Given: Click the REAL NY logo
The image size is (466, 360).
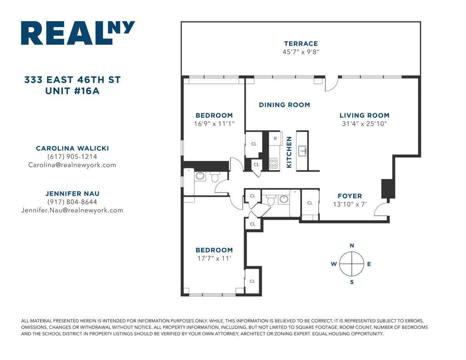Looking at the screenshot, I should click(78, 33).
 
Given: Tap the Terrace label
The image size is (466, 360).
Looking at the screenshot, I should click(301, 44).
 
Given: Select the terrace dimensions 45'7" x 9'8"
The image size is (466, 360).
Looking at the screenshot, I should click(301, 52).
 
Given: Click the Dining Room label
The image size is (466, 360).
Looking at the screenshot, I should click(284, 105).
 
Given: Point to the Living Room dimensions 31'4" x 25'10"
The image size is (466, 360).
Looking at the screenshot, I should click(364, 124).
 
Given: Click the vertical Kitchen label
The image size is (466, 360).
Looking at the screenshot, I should click(289, 152).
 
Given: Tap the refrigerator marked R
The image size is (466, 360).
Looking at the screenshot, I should click(275, 139).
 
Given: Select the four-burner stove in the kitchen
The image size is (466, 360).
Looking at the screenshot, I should click(273, 163).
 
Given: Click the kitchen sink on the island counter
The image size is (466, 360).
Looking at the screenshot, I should click(302, 151).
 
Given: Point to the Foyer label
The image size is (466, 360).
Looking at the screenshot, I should click(349, 196).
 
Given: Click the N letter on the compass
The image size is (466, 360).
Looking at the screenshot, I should click(352, 245).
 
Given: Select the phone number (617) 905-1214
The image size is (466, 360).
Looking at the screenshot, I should click(72, 157).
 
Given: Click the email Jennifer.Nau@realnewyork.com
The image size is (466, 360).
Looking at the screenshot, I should click(72, 210).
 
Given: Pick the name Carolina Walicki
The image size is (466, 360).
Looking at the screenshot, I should click(72, 148).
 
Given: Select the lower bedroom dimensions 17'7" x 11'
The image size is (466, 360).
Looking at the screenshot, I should click(214, 258).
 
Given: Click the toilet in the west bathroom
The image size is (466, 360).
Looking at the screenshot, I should click(215, 177).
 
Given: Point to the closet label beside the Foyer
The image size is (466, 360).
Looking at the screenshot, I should click(310, 203).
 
